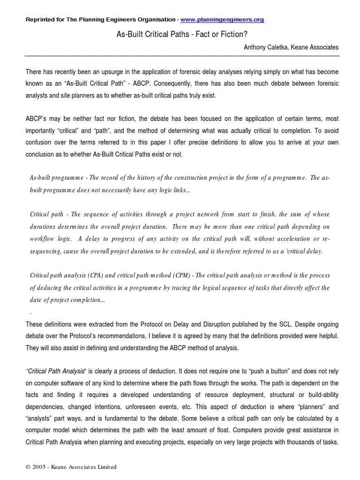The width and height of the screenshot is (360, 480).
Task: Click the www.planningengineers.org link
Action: pyautogui.click(x=222, y=20)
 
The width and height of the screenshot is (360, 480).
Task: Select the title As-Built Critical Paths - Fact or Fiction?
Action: pyautogui.click(x=181, y=34)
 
